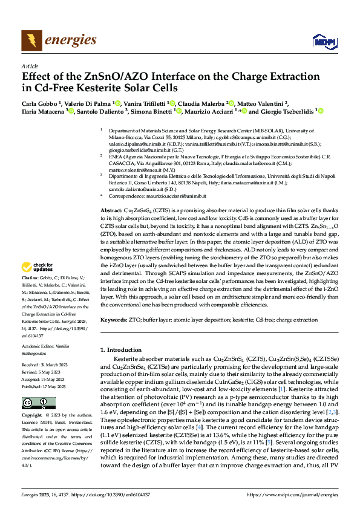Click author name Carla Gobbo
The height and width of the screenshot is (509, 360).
click(x=38, y=103)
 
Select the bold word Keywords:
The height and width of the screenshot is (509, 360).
click(x=114, y=319)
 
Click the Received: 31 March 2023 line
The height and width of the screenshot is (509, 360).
click(x=46, y=366)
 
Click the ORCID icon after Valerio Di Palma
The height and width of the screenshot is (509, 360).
click(x=117, y=103)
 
